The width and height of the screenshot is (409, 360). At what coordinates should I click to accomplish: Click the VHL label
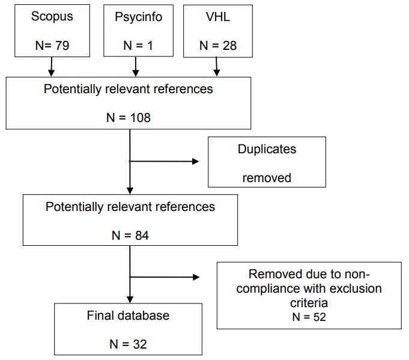click(217, 16)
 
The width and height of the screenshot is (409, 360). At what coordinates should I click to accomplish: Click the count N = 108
click(129, 117)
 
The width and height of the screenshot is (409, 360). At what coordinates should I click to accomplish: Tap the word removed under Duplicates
click(267, 177)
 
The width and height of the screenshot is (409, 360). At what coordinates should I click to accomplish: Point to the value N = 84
click(129, 236)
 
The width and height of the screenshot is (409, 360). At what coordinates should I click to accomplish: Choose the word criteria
click(309, 302)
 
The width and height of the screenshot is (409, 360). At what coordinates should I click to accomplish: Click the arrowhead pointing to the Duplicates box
click(195, 161)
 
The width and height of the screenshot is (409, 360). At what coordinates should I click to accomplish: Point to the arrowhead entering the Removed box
click(195, 277)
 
